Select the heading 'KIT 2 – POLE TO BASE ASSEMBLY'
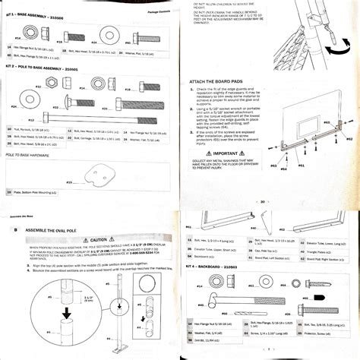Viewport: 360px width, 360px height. point(45,68)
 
